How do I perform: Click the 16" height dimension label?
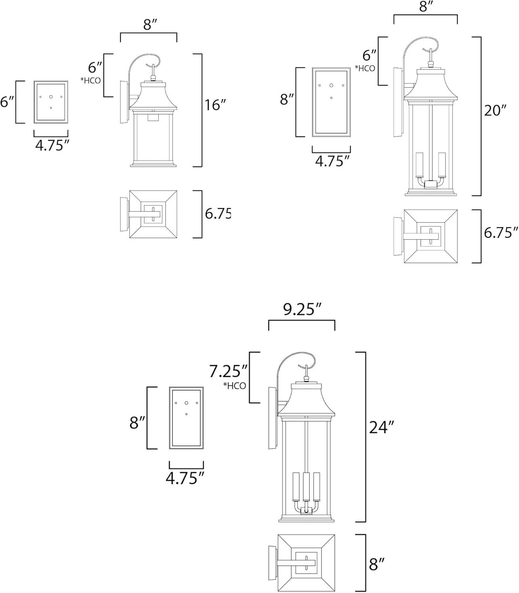(215, 105)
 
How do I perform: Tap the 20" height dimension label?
(495, 111)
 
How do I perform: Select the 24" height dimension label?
(382, 427)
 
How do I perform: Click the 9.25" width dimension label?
(302, 310)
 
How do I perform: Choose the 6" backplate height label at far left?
(7, 102)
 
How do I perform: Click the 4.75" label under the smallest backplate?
(50, 146)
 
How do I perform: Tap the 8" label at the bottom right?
(377, 564)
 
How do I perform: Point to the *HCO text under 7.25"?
(234, 386)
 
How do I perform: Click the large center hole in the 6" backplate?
(51, 97)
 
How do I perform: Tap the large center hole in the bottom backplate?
(186, 403)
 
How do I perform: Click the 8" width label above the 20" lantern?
(426, 7)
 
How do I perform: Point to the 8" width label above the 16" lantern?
(148, 25)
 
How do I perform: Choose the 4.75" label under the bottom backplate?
(185, 478)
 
